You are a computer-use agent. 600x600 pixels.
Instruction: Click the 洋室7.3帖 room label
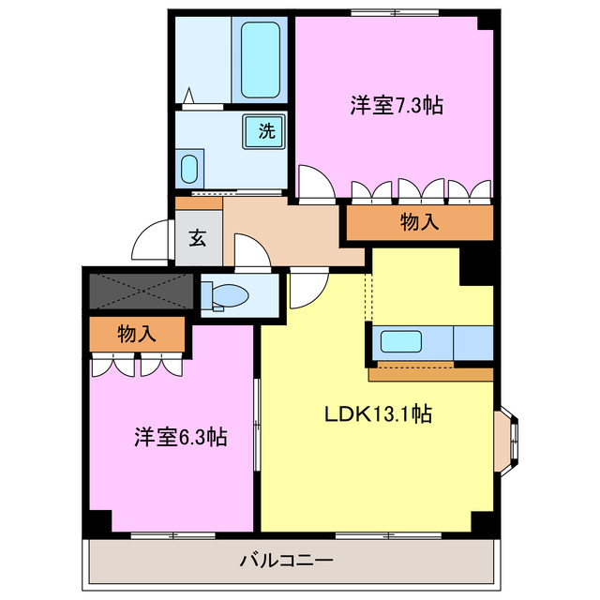click(397, 106)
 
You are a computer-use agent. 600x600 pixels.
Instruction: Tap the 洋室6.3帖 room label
click(181, 436)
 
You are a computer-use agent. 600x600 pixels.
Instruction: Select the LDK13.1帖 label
click(378, 413)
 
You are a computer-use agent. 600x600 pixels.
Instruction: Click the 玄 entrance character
click(198, 237)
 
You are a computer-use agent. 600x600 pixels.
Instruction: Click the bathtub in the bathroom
click(263, 60)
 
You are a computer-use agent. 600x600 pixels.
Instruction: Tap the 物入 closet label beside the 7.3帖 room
click(419, 222)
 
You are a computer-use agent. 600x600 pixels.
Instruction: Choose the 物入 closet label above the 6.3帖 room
click(137, 333)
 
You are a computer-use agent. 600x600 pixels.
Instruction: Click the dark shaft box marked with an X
click(141, 291)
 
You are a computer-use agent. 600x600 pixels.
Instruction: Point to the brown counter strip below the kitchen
click(430, 375)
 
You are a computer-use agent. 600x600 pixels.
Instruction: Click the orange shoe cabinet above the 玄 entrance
click(199, 202)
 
